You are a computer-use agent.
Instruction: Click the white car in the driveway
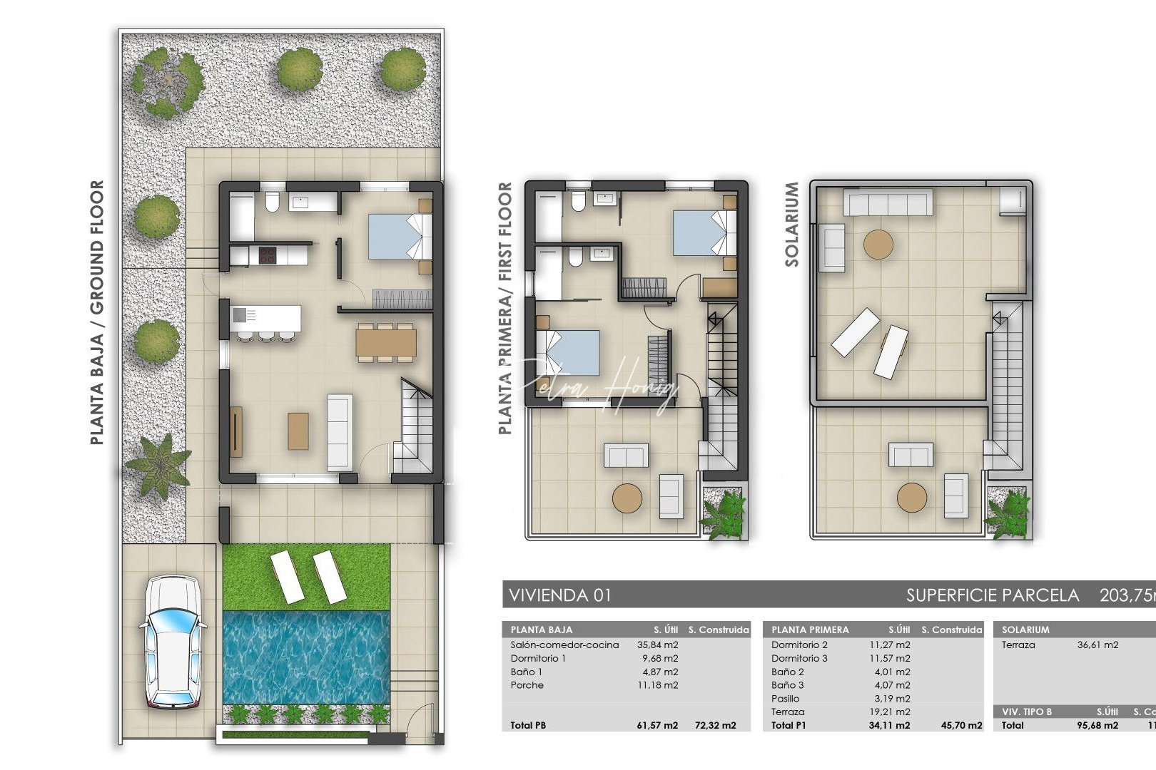[173, 642]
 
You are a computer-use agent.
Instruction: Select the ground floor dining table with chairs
[386, 342]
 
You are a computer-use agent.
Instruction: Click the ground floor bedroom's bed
[400, 237]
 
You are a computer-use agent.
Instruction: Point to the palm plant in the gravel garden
[158, 464]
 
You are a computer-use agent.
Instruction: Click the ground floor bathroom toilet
[271, 202]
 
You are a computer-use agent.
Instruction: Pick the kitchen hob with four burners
[268, 255]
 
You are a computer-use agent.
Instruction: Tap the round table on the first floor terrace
[627, 498]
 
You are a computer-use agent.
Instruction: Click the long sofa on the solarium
[888, 202]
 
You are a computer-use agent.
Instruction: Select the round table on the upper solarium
[878, 245]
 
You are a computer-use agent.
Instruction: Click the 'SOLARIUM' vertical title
[791, 224]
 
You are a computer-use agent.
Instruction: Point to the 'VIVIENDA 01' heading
[560, 595]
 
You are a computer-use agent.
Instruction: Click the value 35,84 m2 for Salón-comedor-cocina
[657, 645]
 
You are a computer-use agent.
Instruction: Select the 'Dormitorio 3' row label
[799, 658]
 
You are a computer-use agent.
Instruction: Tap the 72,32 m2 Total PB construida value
[715, 725]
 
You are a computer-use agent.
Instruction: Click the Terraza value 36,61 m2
[1097, 645]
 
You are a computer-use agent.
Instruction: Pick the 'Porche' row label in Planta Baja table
[527, 685]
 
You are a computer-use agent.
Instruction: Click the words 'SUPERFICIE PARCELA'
[992, 595]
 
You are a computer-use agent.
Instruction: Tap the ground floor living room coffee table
[298, 431]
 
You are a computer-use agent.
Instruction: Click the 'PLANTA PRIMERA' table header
[810, 630]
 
